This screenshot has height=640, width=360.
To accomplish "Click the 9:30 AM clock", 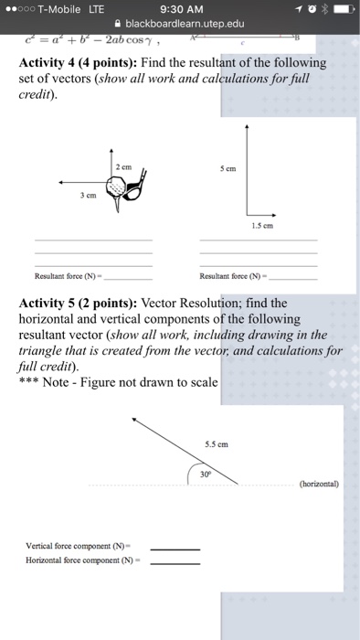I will pos(179,9).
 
